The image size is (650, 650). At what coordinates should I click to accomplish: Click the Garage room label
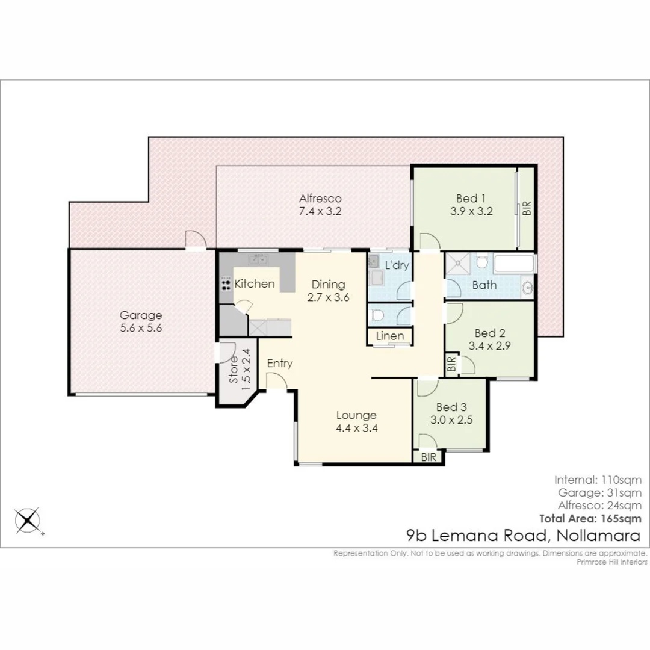coord(140,315)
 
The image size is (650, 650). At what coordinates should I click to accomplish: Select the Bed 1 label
coord(471,198)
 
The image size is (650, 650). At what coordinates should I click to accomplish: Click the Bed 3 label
coord(451,406)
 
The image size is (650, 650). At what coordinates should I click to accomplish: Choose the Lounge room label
coord(356,415)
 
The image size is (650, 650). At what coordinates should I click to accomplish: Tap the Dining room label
coord(328,285)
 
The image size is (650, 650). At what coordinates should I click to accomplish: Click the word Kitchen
coord(255,283)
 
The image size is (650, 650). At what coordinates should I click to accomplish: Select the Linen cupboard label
coord(390,336)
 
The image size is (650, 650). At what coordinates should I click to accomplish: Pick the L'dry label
coord(397,265)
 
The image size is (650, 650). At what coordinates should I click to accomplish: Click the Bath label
coord(484,285)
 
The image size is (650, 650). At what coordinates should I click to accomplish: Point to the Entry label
coord(280,363)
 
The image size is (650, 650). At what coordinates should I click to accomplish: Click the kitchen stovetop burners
coord(226,283)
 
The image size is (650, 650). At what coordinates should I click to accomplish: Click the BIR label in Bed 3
coord(429,457)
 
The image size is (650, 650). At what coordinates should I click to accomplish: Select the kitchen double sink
coord(259,260)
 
